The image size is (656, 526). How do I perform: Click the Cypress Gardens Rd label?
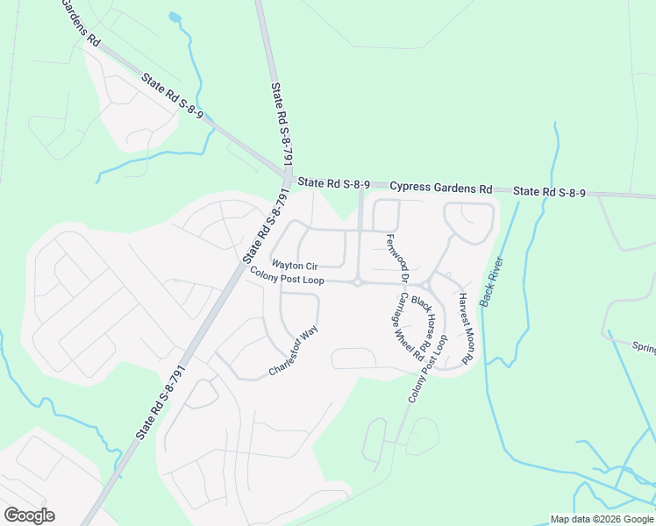point(441,188)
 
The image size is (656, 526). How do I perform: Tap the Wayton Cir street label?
point(294,265)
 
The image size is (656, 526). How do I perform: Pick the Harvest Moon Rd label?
point(466,328)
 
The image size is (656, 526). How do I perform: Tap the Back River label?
point(491,281)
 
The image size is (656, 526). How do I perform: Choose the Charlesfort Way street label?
point(292,352)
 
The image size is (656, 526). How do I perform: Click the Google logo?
point(29,515)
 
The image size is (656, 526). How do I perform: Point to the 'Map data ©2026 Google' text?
point(602,519)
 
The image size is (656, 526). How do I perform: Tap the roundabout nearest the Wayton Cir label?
point(358,282)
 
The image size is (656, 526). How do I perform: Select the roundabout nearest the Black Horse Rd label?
point(425,286)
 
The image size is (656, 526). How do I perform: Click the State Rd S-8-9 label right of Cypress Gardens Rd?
point(549,192)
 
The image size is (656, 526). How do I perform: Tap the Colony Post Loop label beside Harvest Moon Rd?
point(428,368)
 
